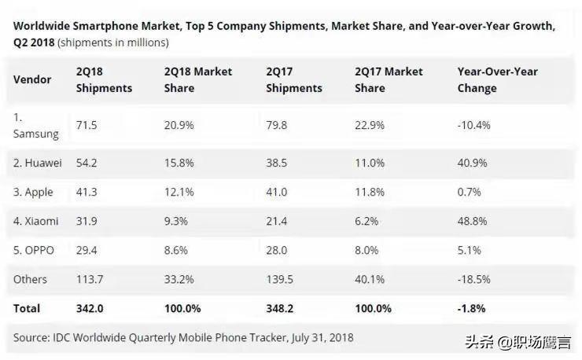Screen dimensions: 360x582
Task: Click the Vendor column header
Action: [x=32, y=79]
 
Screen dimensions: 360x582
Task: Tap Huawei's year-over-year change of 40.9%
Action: [x=473, y=162]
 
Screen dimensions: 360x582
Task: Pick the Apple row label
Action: [x=33, y=192]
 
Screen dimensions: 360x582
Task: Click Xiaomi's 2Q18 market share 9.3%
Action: [x=175, y=221]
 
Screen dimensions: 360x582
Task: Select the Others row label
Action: [x=30, y=279]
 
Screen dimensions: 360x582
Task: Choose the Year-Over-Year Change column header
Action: [x=497, y=79]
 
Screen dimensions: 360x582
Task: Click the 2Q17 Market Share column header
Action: [x=389, y=79]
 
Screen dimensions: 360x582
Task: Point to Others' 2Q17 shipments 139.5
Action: [x=282, y=279]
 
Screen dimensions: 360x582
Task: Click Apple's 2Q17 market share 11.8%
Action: [x=370, y=192]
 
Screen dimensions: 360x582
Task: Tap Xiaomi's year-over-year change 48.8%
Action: [x=473, y=221]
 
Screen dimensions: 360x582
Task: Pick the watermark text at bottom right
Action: [x=521, y=341]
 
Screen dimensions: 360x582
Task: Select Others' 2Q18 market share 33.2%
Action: [x=179, y=279]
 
